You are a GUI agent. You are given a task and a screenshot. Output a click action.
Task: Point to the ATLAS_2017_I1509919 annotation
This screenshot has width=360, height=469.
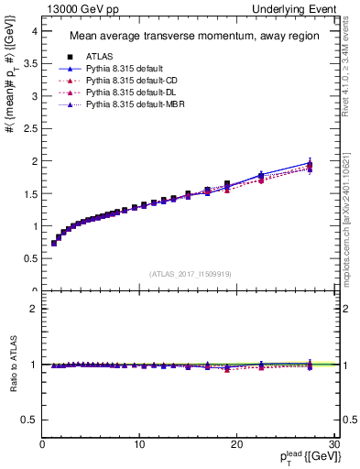pyautogui.click(x=190, y=273)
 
